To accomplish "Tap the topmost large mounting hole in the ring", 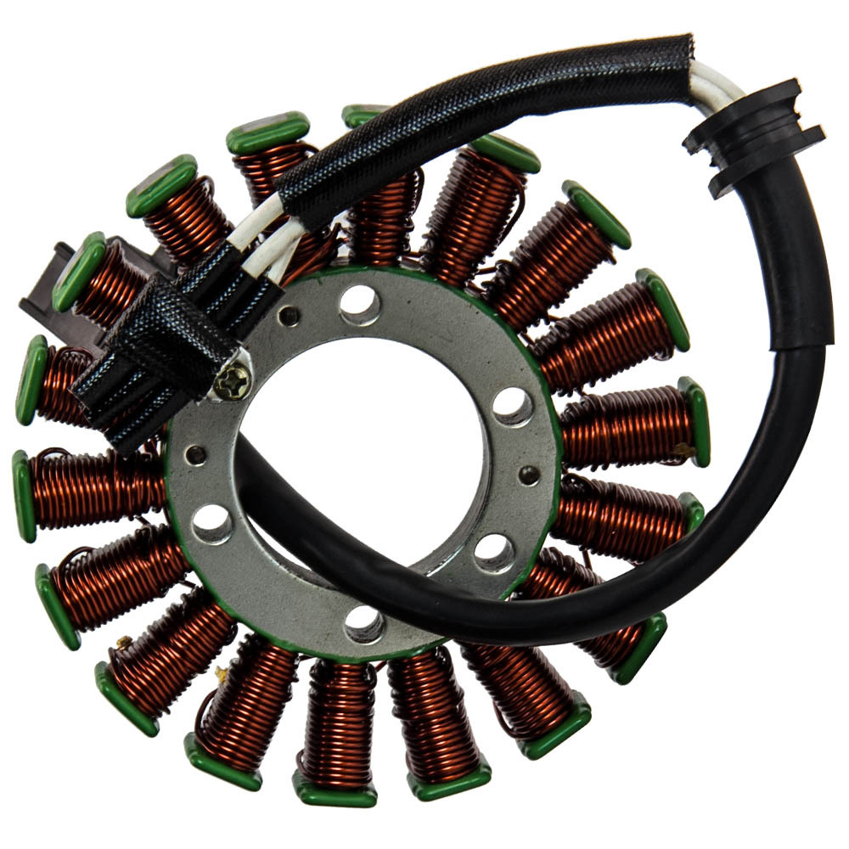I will [360, 304].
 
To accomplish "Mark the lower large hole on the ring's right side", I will [494, 553].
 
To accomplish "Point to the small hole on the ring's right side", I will [529, 475].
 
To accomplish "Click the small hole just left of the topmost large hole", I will [290, 316].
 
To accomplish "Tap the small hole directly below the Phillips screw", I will [196, 454].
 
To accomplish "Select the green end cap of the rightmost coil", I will [696, 421].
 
